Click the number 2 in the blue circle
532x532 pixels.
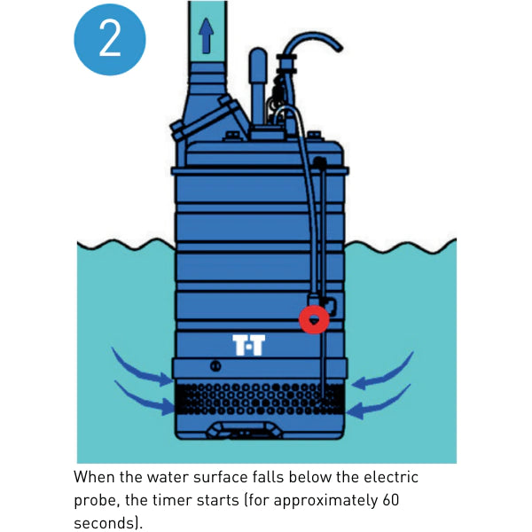pyautogui.click(x=110, y=40)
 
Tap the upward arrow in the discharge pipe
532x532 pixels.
pyautogui.click(x=206, y=35)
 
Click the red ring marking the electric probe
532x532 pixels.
pyautogui.click(x=314, y=319)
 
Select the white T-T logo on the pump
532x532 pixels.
pyautogui.click(x=248, y=345)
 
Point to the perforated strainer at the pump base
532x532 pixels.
pyautogui.click(x=260, y=399)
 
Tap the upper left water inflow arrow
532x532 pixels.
pyautogui.click(x=140, y=369)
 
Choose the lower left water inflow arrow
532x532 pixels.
pyautogui.click(x=144, y=400)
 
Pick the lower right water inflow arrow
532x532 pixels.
pyautogui.click(x=379, y=403)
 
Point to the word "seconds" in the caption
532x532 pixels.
pyautogui.click(x=103, y=523)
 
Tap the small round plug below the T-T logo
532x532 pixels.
pyautogui.click(x=215, y=365)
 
